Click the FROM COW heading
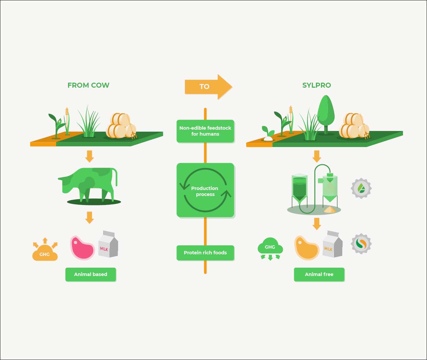[x=88, y=85]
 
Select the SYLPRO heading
[x=317, y=85]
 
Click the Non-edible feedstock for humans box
[x=205, y=131]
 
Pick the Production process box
[x=205, y=190]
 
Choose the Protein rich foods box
[x=205, y=253]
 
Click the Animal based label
[x=91, y=274]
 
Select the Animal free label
[x=319, y=274]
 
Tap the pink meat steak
[x=82, y=248]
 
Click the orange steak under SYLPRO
[x=306, y=248]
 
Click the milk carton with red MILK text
[x=108, y=245]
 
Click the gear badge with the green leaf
[x=361, y=188]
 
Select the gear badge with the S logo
[x=361, y=244]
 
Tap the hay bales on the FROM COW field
[x=121, y=126]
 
